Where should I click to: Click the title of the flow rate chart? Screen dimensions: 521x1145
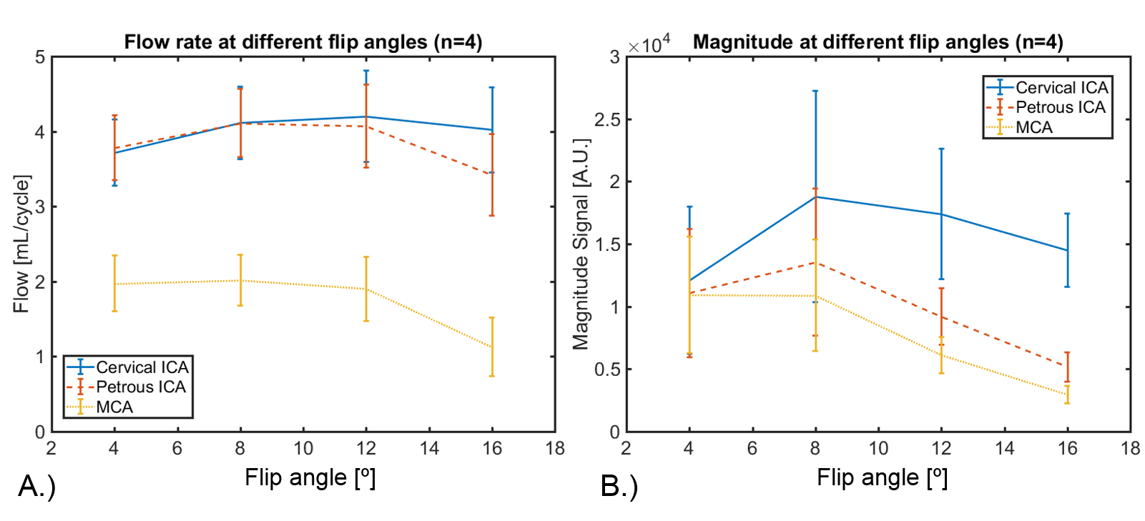coord(303,42)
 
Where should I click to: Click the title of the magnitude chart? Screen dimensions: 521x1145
coord(878,42)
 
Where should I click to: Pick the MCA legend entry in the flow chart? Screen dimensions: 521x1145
coord(114,407)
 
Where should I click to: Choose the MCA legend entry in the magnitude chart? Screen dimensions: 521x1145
coord(1034,127)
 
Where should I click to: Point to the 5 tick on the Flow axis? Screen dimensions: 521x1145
coord(40,57)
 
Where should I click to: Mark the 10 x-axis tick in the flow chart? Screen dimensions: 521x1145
coord(303,449)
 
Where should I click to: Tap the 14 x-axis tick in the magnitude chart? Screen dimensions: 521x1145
coord(1004,449)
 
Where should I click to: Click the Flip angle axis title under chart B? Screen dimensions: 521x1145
coord(882,477)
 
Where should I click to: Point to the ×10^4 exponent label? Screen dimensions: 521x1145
coord(649,44)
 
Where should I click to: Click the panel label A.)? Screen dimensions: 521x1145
coord(36,486)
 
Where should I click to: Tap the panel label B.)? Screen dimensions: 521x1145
coord(619,487)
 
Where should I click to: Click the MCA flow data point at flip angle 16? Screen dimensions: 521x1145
coord(492,347)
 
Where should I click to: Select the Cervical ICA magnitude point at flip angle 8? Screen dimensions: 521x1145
coord(815,197)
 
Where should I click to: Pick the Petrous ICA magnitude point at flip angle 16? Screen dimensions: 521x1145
coord(1067,366)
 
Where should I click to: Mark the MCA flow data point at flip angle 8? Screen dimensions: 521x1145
coord(240,280)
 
